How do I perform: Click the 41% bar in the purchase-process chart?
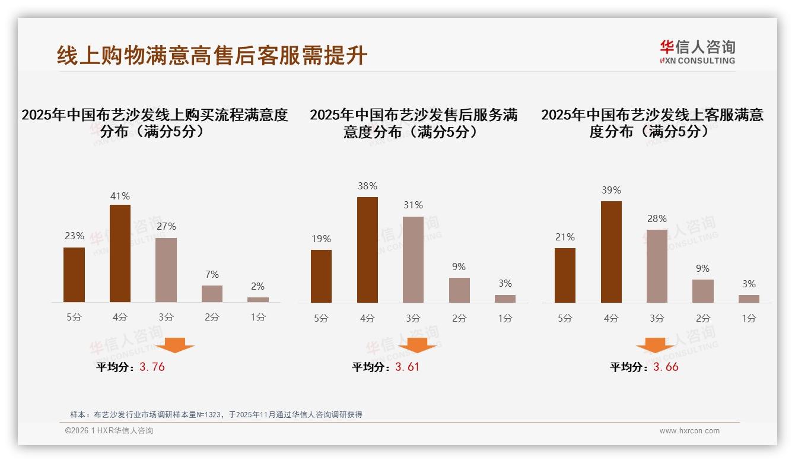tap(120, 253)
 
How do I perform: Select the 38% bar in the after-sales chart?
tap(367, 250)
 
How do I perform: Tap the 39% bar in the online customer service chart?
tap(611, 252)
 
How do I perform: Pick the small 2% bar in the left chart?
tap(257, 300)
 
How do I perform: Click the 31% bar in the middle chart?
tap(413, 259)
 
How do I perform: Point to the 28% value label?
tap(657, 218)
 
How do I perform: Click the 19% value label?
tap(321, 239)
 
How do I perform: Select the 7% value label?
tap(212, 274)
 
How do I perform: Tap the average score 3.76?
tap(152, 367)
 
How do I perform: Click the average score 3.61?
tap(407, 367)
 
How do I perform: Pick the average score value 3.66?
tap(666, 367)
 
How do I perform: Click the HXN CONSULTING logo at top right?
tap(697, 52)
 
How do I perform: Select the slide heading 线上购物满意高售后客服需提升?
tap(212, 55)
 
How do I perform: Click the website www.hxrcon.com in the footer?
tap(689, 431)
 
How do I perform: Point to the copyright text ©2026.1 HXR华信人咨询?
tap(109, 431)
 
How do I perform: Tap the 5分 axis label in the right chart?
tap(565, 318)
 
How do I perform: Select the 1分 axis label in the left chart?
tap(257, 318)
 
